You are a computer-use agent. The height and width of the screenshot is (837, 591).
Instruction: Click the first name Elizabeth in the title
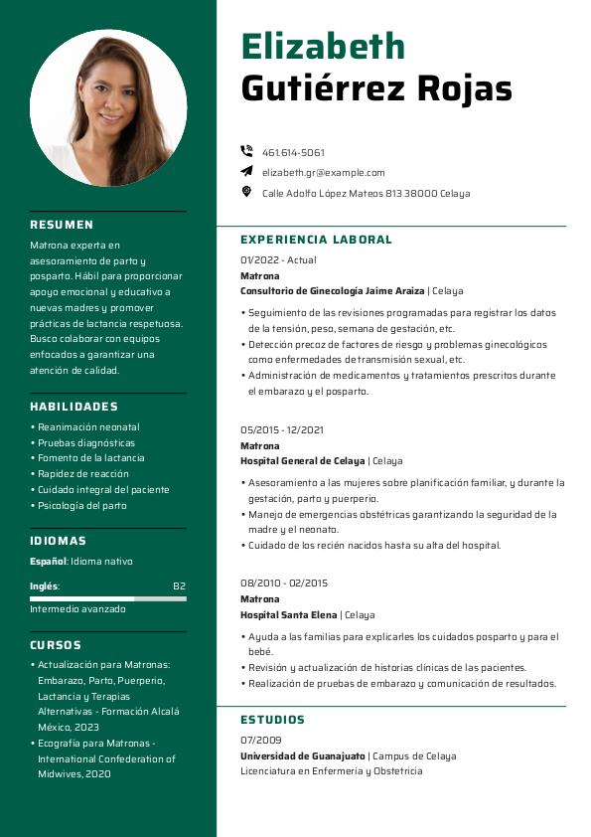click(x=323, y=46)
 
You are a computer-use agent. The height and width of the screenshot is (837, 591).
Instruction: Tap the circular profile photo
click(x=108, y=107)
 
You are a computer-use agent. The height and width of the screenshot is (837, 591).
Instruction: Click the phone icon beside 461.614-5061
click(x=246, y=152)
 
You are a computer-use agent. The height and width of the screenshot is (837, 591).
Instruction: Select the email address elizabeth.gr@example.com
click(x=323, y=172)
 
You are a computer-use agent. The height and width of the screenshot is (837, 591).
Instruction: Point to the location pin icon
click(x=246, y=192)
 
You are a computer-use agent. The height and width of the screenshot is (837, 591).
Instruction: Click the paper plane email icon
click(x=246, y=172)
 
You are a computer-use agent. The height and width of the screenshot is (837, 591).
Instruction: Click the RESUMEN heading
click(x=62, y=225)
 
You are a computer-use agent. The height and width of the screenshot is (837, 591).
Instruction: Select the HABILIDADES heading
click(x=74, y=407)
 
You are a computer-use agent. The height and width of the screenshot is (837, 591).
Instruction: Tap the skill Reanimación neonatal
click(x=87, y=427)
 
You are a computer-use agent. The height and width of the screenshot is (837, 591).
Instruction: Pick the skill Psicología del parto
click(x=81, y=505)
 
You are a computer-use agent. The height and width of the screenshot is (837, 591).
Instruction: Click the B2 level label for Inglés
click(x=179, y=586)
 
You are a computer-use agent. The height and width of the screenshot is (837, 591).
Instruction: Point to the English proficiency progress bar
click(x=107, y=598)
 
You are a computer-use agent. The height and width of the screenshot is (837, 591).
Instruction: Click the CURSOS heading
click(x=56, y=645)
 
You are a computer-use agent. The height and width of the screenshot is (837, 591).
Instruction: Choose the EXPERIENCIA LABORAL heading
click(x=316, y=240)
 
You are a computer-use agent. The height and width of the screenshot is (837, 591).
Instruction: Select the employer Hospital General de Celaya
click(x=303, y=461)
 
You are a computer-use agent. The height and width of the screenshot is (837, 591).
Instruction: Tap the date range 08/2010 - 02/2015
click(x=284, y=583)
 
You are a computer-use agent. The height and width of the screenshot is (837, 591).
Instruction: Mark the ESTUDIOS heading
click(x=272, y=720)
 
